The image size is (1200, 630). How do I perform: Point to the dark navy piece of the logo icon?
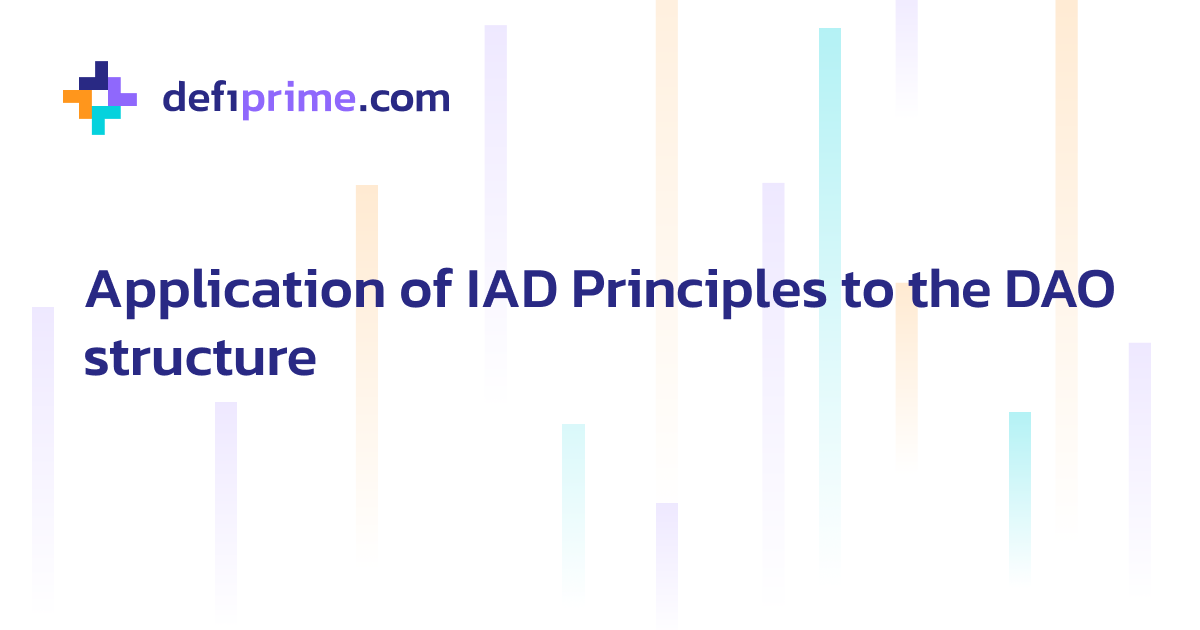click(96, 76)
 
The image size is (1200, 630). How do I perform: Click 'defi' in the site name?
click(200, 98)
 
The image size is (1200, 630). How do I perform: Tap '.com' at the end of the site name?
click(404, 99)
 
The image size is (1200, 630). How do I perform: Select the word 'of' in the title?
click(428, 290)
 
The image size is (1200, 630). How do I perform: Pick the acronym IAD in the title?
click(513, 290)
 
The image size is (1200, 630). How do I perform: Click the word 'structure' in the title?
click(200, 358)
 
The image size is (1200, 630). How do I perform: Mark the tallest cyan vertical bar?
click(830, 200)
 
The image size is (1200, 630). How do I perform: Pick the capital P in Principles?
click(589, 290)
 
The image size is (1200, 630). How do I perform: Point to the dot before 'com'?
click(364, 108)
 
